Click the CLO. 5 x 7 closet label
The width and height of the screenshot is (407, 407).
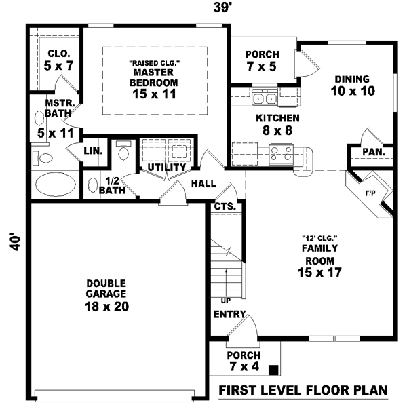[x=58, y=60]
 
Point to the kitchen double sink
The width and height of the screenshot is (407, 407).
[x=264, y=99]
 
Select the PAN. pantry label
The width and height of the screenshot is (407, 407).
[x=372, y=153]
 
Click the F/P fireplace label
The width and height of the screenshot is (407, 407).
[x=370, y=193]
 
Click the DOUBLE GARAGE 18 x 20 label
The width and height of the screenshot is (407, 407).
[x=105, y=294]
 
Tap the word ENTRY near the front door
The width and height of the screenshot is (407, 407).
[x=229, y=315]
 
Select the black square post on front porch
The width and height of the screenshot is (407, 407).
[x=273, y=370]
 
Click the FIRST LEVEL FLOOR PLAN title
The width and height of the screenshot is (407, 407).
[x=303, y=391]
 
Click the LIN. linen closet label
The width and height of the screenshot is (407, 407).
[x=93, y=151]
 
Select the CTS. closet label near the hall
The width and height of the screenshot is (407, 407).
[x=225, y=206]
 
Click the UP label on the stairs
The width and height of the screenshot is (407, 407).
[x=225, y=299]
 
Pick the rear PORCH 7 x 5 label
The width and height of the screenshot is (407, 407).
[x=261, y=60]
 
